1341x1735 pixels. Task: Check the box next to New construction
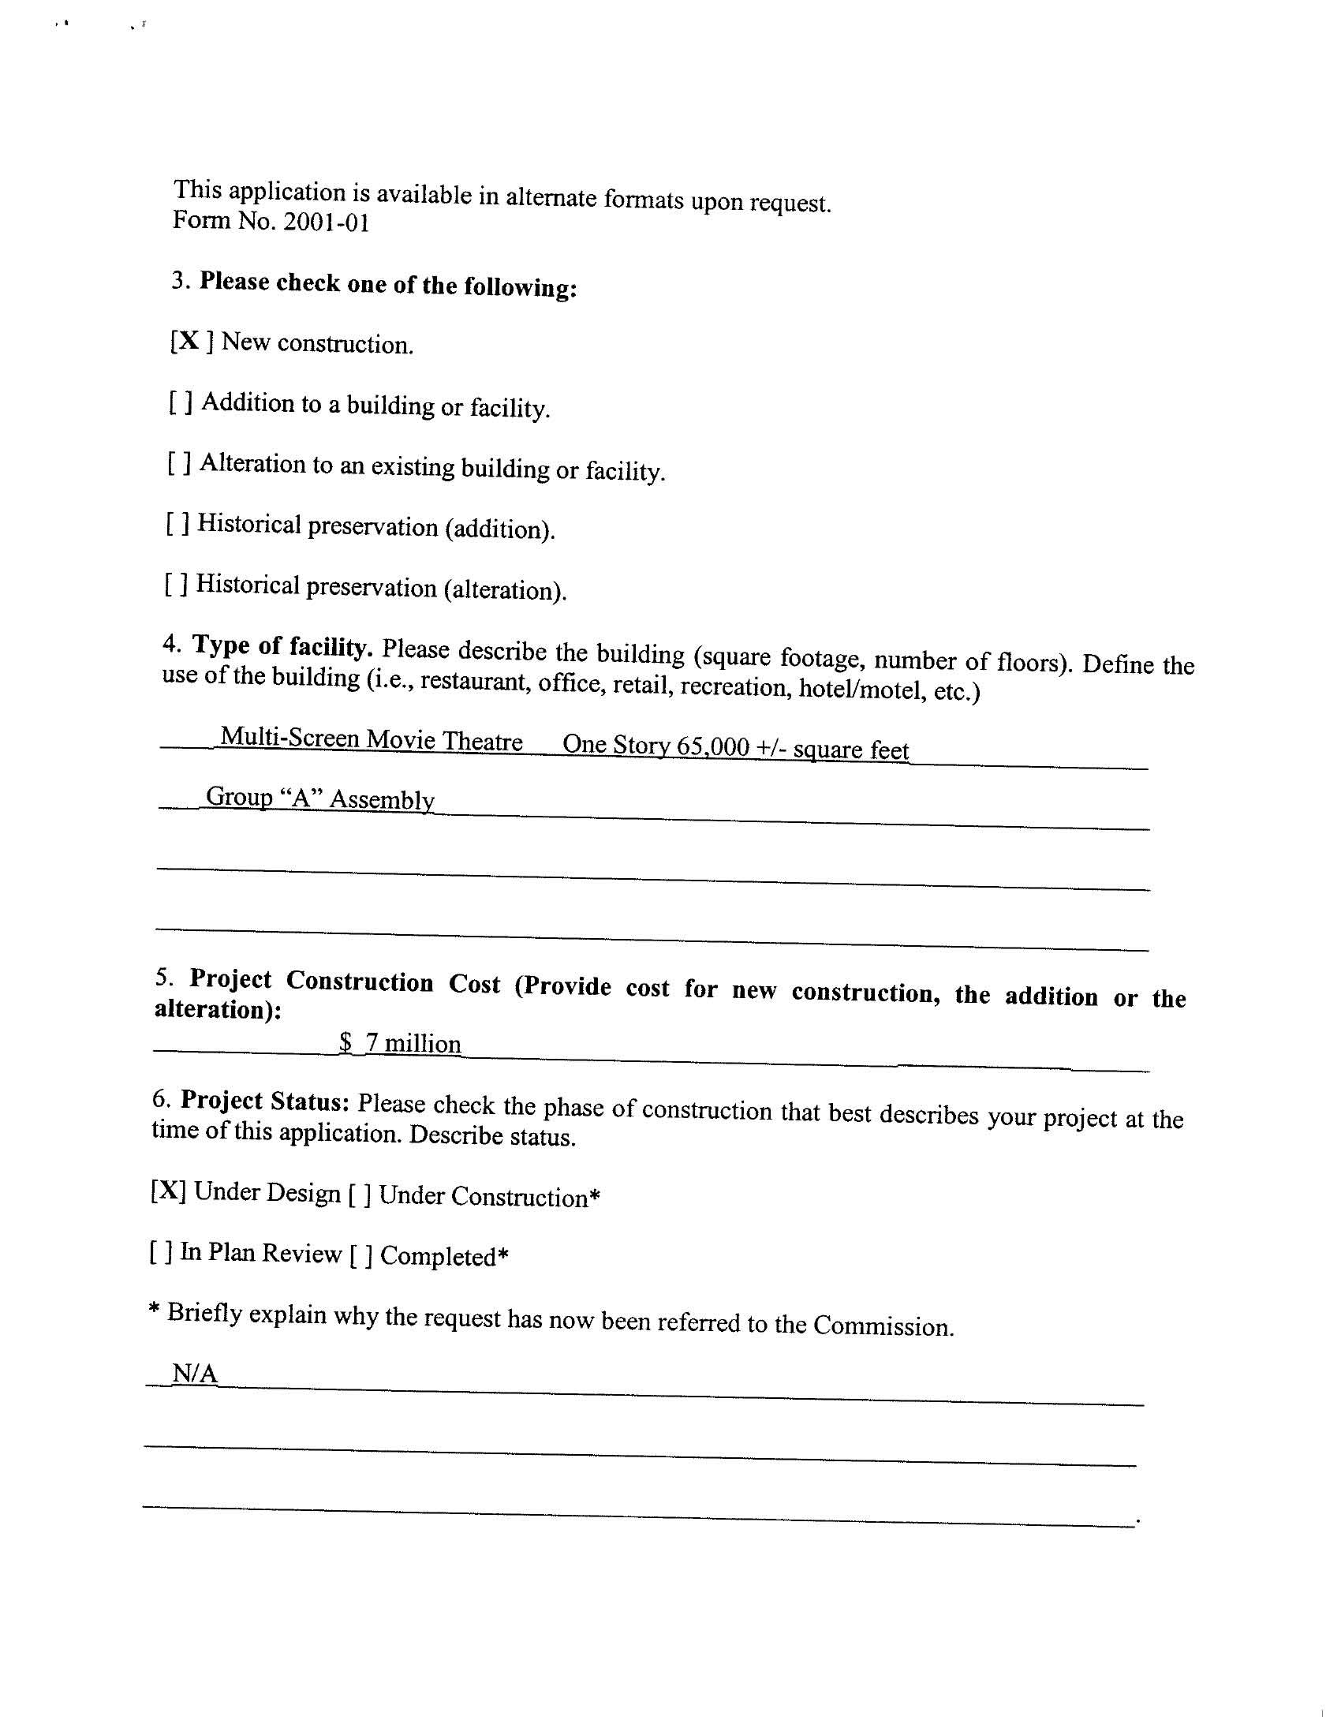(191, 342)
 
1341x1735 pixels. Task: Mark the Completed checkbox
(360, 1255)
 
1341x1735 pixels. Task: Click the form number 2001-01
(327, 222)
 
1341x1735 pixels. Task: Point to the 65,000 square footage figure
(712, 746)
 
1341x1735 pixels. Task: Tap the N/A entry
(195, 1373)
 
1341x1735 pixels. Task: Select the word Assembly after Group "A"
(382, 799)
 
